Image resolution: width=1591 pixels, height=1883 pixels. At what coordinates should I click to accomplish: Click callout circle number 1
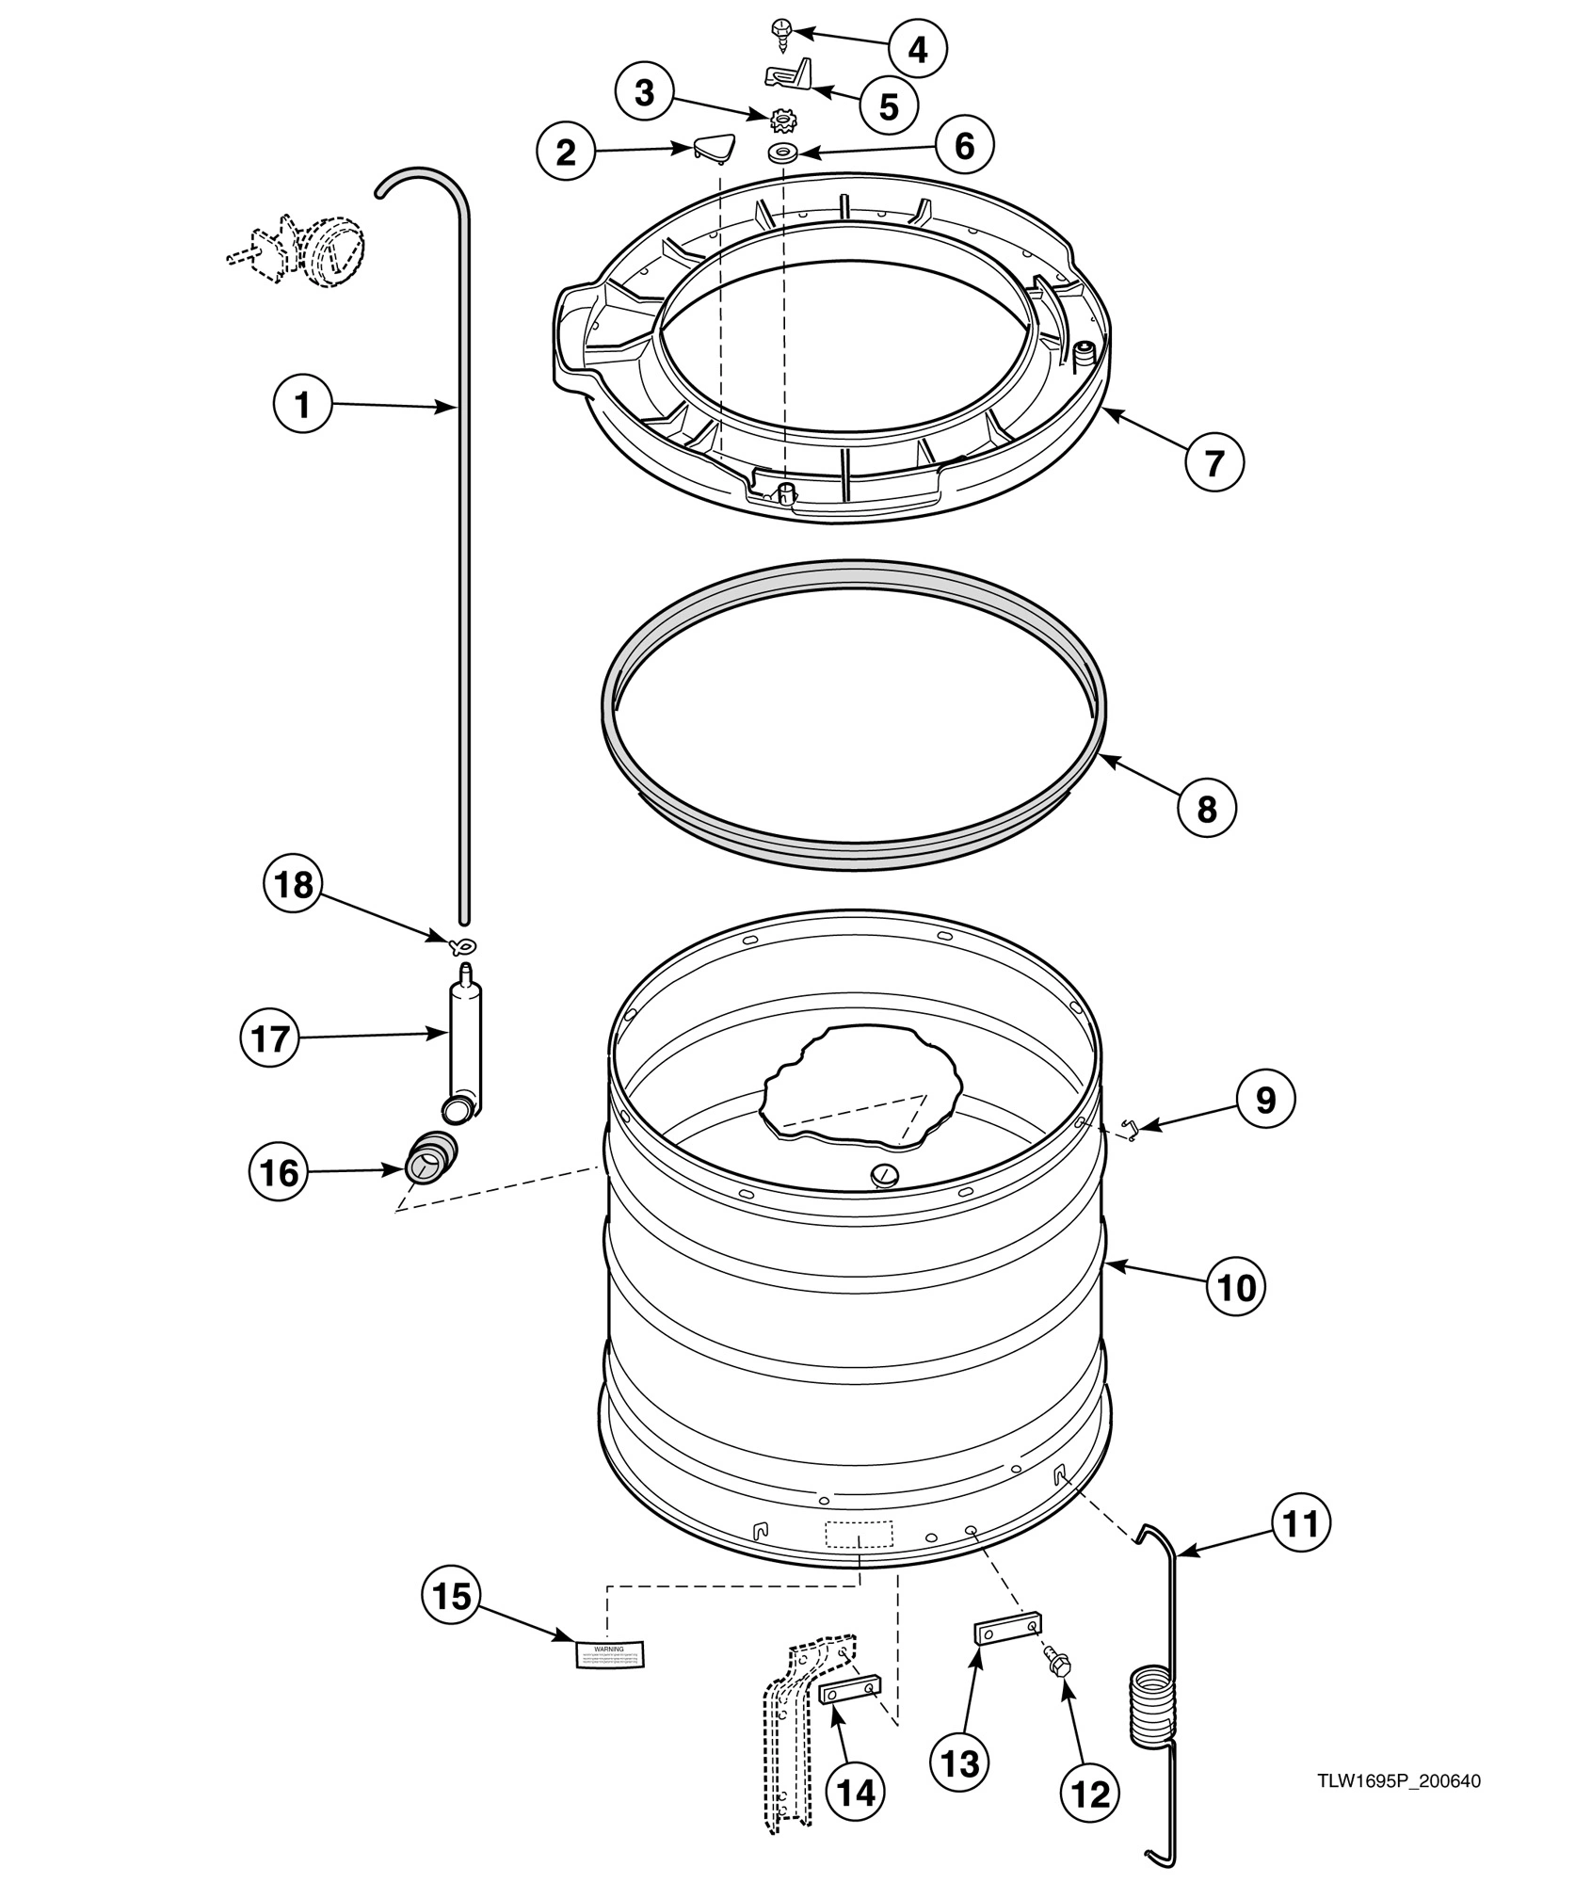[x=302, y=405]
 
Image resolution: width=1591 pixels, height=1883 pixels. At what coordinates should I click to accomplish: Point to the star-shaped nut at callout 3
[x=781, y=121]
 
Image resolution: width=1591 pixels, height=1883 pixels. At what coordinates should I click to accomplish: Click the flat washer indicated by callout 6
[x=781, y=153]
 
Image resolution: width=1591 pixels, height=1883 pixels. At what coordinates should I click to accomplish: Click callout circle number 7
[x=1214, y=462]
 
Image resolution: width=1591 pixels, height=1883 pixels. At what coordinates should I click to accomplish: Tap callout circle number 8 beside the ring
[x=1207, y=808]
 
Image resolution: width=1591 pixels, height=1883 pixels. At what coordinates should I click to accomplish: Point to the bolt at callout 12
[x=1056, y=1664]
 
